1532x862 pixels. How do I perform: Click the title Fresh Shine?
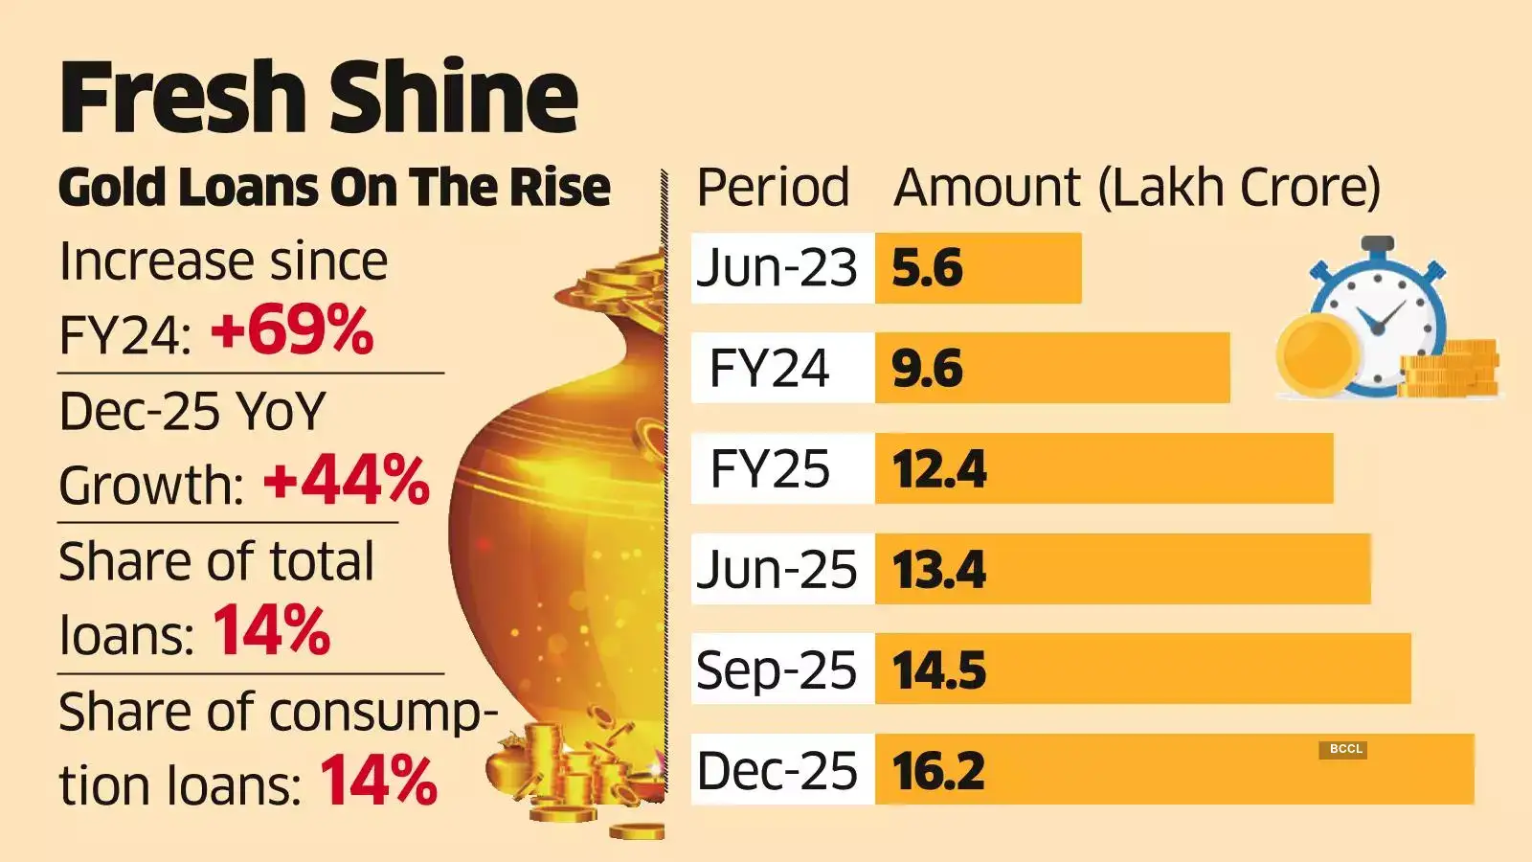coord(319,96)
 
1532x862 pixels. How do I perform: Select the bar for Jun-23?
coord(978,268)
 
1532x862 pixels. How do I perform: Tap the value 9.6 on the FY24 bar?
coord(927,369)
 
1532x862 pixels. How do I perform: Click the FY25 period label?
coord(770,469)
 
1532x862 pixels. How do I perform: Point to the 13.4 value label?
coord(938,570)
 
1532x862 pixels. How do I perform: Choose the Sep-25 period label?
coord(776,670)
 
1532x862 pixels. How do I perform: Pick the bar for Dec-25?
coord(1173,770)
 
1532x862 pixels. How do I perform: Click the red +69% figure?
coord(292,331)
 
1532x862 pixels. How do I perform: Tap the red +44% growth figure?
coord(346,481)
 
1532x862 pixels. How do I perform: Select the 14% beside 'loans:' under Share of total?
coord(271,631)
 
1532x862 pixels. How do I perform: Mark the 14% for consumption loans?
coord(378,782)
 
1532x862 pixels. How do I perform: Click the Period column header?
coord(772,187)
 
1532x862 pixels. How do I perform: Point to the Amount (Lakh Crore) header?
coord(1137,187)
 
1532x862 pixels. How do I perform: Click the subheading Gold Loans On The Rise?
coord(334,187)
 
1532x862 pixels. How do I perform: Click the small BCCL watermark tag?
coord(1345,749)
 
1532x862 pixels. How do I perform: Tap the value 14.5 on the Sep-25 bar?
coord(938,670)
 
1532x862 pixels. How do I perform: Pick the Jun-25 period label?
coord(776,570)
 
